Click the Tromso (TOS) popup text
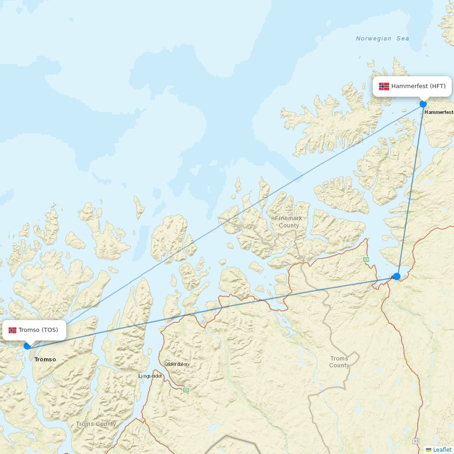coord(38,330)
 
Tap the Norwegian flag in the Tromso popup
coord(12,330)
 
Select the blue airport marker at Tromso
coord(27,346)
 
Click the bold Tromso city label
coord(45,360)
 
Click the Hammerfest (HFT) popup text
coord(418,86)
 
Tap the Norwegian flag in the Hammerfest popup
coord(384,86)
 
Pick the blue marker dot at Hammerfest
coord(423,104)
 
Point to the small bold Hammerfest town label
coord(439,112)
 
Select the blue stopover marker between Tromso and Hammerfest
coord(397,276)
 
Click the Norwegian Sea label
coord(382,39)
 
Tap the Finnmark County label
coord(289,222)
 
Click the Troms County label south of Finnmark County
coord(339,362)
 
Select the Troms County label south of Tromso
coord(96,424)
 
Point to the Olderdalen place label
coord(177,364)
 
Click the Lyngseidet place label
coord(150,376)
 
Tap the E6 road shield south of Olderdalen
coord(186,390)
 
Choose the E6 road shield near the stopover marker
coord(366,260)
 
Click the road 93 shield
coord(416,441)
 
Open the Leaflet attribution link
coord(442,449)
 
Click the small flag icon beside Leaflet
coord(429,450)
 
